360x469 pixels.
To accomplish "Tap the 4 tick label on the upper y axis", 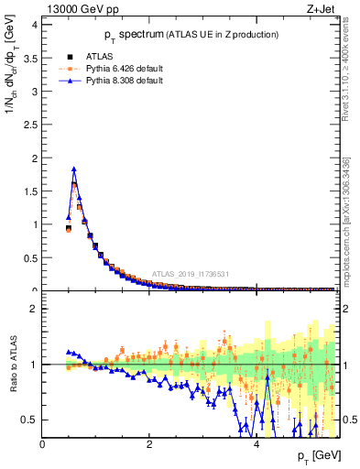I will click(34, 25).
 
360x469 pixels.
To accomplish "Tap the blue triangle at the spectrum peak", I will click(74, 169).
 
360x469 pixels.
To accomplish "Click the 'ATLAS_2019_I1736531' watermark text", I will click(196, 273).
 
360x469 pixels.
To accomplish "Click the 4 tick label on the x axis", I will click(256, 445).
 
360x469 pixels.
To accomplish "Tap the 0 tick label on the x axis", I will click(43, 445).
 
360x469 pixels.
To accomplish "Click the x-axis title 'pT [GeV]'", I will click(319, 455).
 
